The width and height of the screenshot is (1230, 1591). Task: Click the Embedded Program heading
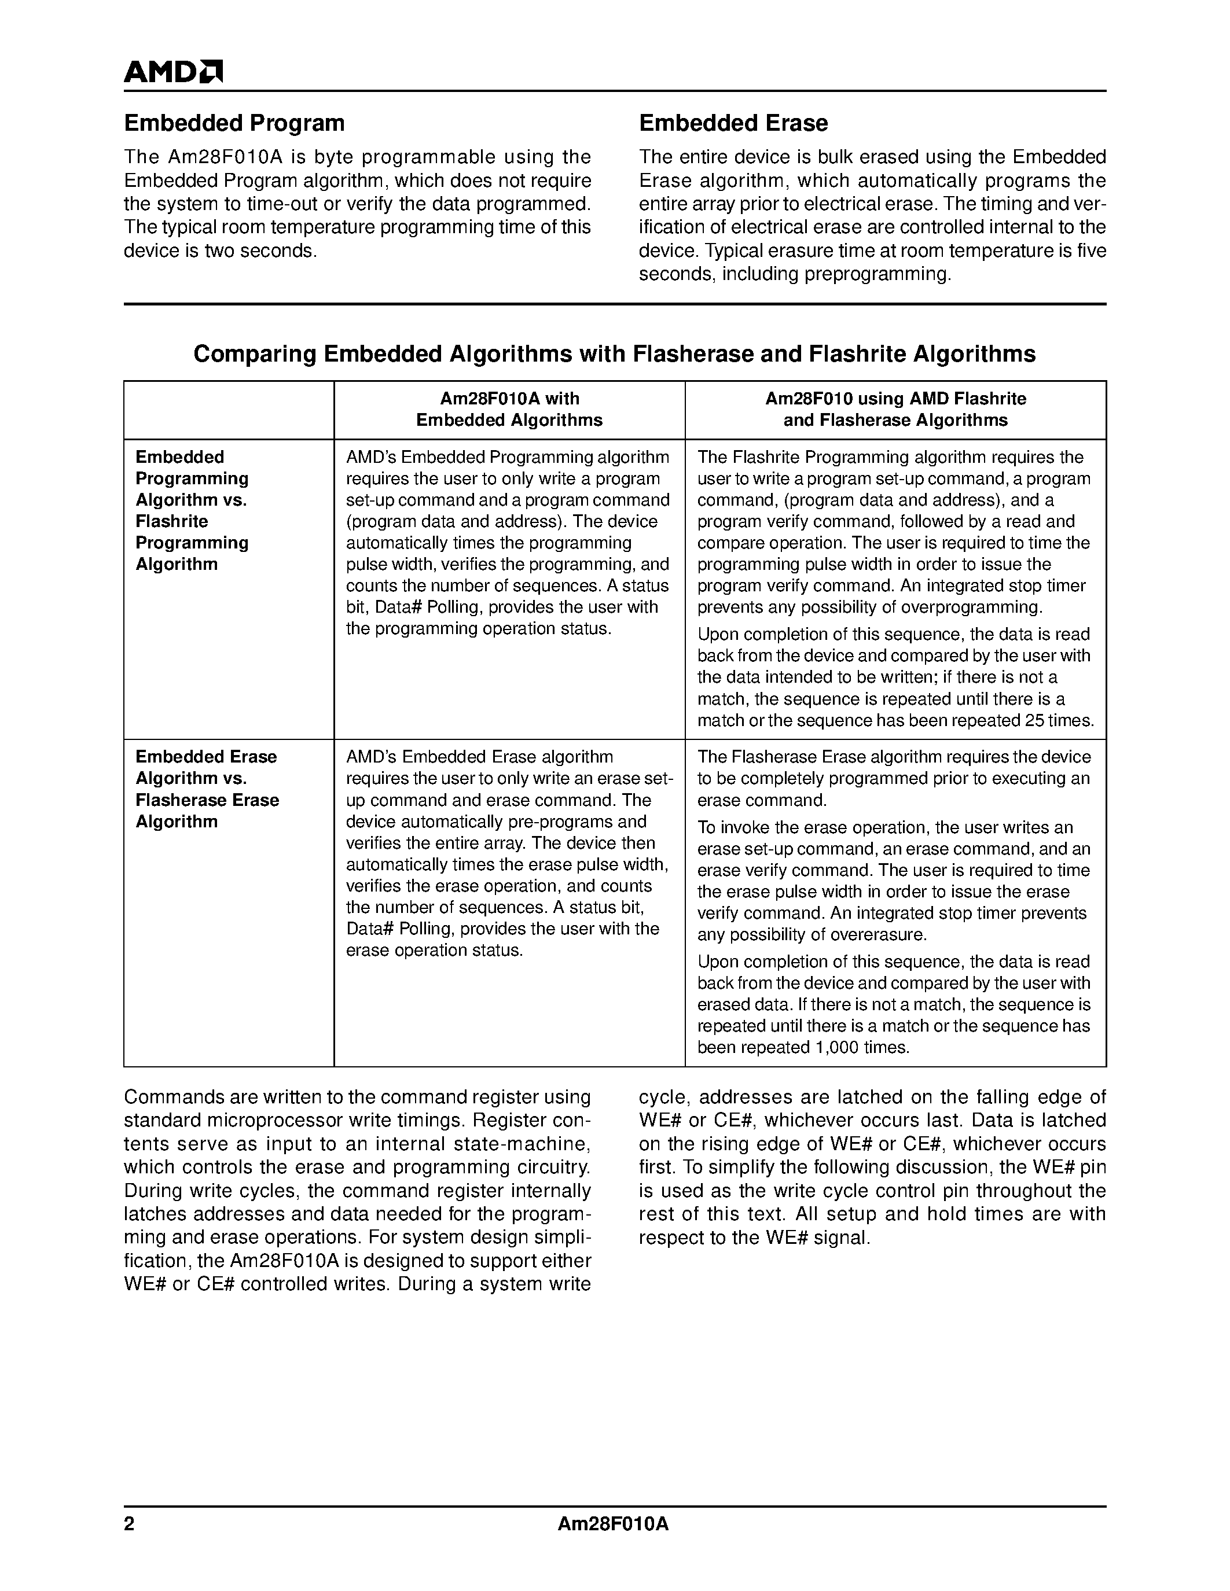pyautogui.click(x=234, y=123)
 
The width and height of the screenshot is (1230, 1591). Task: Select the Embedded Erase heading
pyautogui.click(x=733, y=123)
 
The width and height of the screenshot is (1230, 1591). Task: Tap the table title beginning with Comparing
pyautogui.click(x=614, y=354)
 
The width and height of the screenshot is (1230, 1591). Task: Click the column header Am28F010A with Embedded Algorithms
pyautogui.click(x=509, y=410)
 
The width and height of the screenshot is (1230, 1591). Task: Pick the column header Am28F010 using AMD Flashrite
pyautogui.click(x=895, y=410)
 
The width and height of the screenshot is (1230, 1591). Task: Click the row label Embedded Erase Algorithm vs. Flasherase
pyautogui.click(x=207, y=789)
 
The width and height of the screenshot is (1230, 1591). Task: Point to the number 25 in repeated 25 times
pyautogui.click(x=1036, y=721)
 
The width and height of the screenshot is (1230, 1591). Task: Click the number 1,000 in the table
pyautogui.click(x=838, y=1048)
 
